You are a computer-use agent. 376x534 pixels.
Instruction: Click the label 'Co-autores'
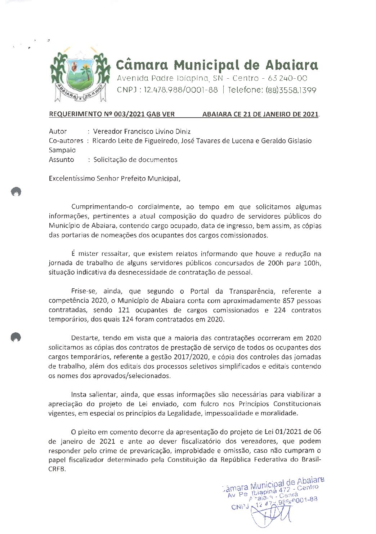pos(66,141)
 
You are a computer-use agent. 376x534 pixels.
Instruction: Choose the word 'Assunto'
pos(61,159)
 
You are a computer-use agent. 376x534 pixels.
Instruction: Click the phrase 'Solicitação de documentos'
pos(135,159)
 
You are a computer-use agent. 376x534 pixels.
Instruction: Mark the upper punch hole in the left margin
pos(16,192)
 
